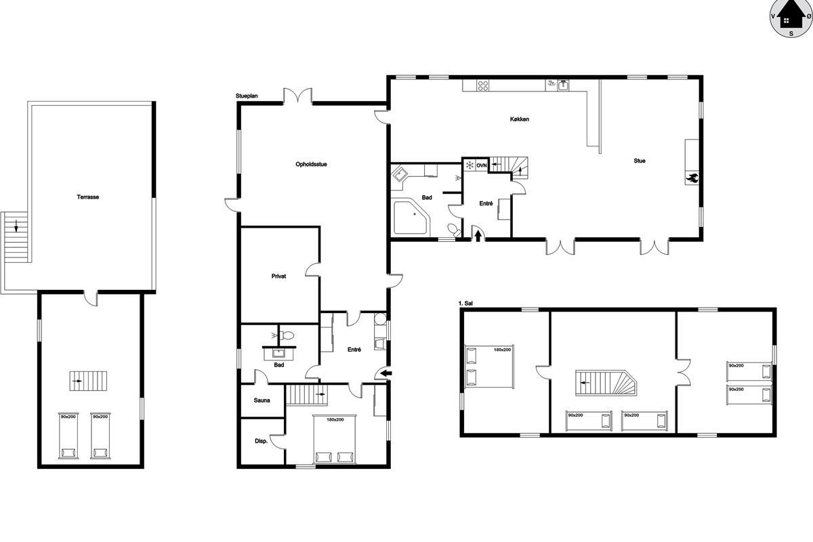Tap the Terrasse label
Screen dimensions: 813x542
88,197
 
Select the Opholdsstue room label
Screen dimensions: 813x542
311,164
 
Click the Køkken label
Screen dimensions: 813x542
520,119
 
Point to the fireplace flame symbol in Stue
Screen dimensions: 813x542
692,178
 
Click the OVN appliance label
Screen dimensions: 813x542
482,165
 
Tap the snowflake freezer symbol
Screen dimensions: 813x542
470,165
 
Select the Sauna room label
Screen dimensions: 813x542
262,400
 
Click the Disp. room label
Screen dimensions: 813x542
262,441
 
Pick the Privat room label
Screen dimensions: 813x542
278,276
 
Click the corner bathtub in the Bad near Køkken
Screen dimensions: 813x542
412,216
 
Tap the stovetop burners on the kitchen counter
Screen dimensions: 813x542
482,85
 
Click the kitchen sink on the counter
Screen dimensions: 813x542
563,85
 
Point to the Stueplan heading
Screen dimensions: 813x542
247,96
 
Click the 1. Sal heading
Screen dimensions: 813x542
465,303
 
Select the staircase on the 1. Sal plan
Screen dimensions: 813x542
606,383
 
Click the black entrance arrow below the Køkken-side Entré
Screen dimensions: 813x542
478,236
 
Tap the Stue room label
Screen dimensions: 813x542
640,161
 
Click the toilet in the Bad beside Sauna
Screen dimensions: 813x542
288,335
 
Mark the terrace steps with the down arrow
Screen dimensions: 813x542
16,236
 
